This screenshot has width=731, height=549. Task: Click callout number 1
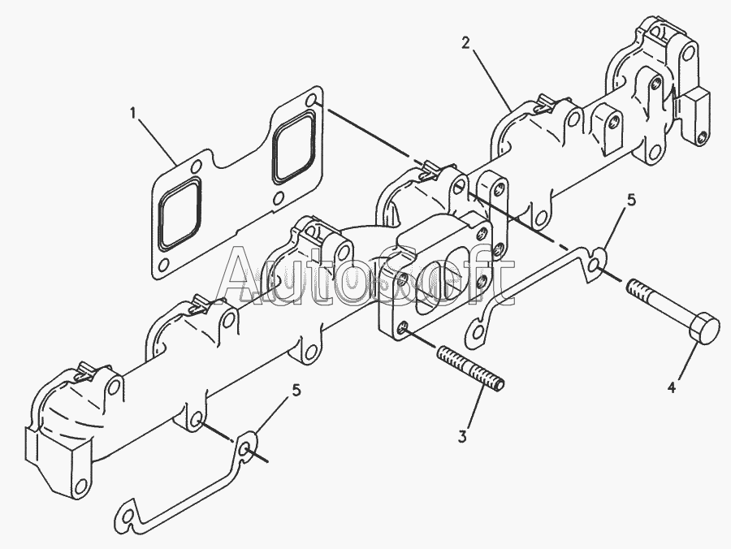click(x=133, y=113)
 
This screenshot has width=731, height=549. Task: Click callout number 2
click(x=465, y=43)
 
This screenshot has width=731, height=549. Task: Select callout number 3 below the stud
click(x=462, y=437)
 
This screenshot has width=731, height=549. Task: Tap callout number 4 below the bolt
click(x=672, y=387)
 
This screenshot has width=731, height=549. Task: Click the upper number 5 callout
click(x=631, y=200)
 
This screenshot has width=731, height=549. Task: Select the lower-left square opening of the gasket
click(x=180, y=213)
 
